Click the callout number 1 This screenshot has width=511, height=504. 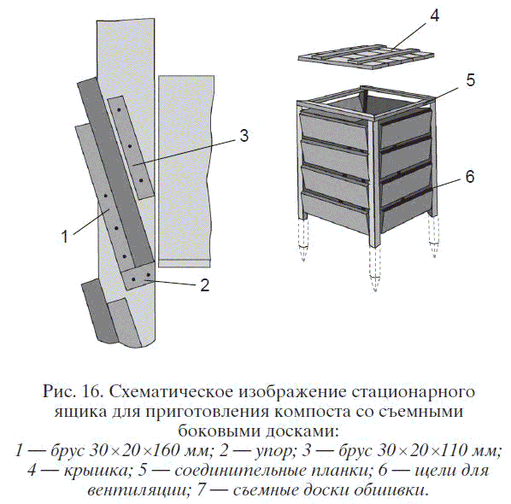coord(65,237)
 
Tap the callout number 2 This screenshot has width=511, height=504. coord(205,285)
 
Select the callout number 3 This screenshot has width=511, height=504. coord(244,135)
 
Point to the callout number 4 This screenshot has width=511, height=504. coord(434,16)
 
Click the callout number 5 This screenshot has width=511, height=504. coord(470,79)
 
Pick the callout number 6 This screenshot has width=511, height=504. coord(470,177)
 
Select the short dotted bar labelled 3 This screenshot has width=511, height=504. coord(131,147)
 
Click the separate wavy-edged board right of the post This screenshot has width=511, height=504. coord(186,172)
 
